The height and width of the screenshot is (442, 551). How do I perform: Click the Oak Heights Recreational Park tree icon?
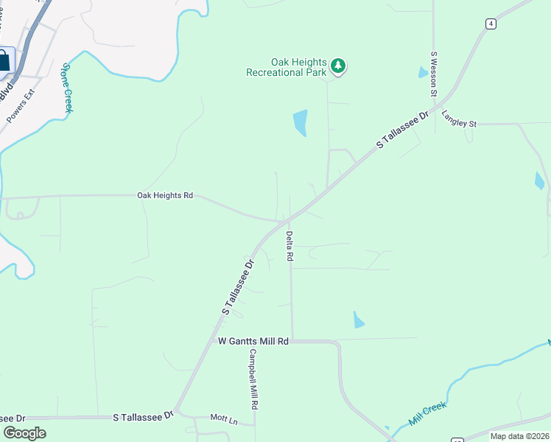pyautogui.click(x=338, y=66)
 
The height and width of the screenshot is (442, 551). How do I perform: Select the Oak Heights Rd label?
pyautogui.click(x=165, y=196)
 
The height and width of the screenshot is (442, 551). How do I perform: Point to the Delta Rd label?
pyautogui.click(x=289, y=247)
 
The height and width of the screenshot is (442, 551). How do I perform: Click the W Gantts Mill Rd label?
pyautogui.click(x=253, y=342)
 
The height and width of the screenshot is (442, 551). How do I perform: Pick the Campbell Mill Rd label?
pyautogui.click(x=253, y=379)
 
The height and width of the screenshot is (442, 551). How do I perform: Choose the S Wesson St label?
pyautogui.click(x=435, y=74)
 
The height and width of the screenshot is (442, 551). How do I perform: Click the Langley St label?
pyautogui.click(x=459, y=119)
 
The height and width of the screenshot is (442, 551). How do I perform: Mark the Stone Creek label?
pyautogui.click(x=68, y=87)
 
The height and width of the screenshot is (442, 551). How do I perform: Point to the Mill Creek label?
pyautogui.click(x=429, y=415)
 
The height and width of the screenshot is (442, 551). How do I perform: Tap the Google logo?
pyautogui.click(x=24, y=433)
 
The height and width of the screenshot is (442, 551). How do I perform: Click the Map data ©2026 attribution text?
pyautogui.click(x=520, y=436)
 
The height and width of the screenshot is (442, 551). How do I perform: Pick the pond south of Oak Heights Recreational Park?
pyautogui.click(x=300, y=122)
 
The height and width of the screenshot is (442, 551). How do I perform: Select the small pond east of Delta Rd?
pyautogui.click(x=358, y=320)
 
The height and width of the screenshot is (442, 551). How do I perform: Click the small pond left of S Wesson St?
pyautogui.click(x=422, y=72)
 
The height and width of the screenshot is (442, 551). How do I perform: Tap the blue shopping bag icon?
pyautogui.click(x=4, y=60)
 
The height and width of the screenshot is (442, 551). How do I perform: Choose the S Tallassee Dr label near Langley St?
pyautogui.click(x=403, y=130)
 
